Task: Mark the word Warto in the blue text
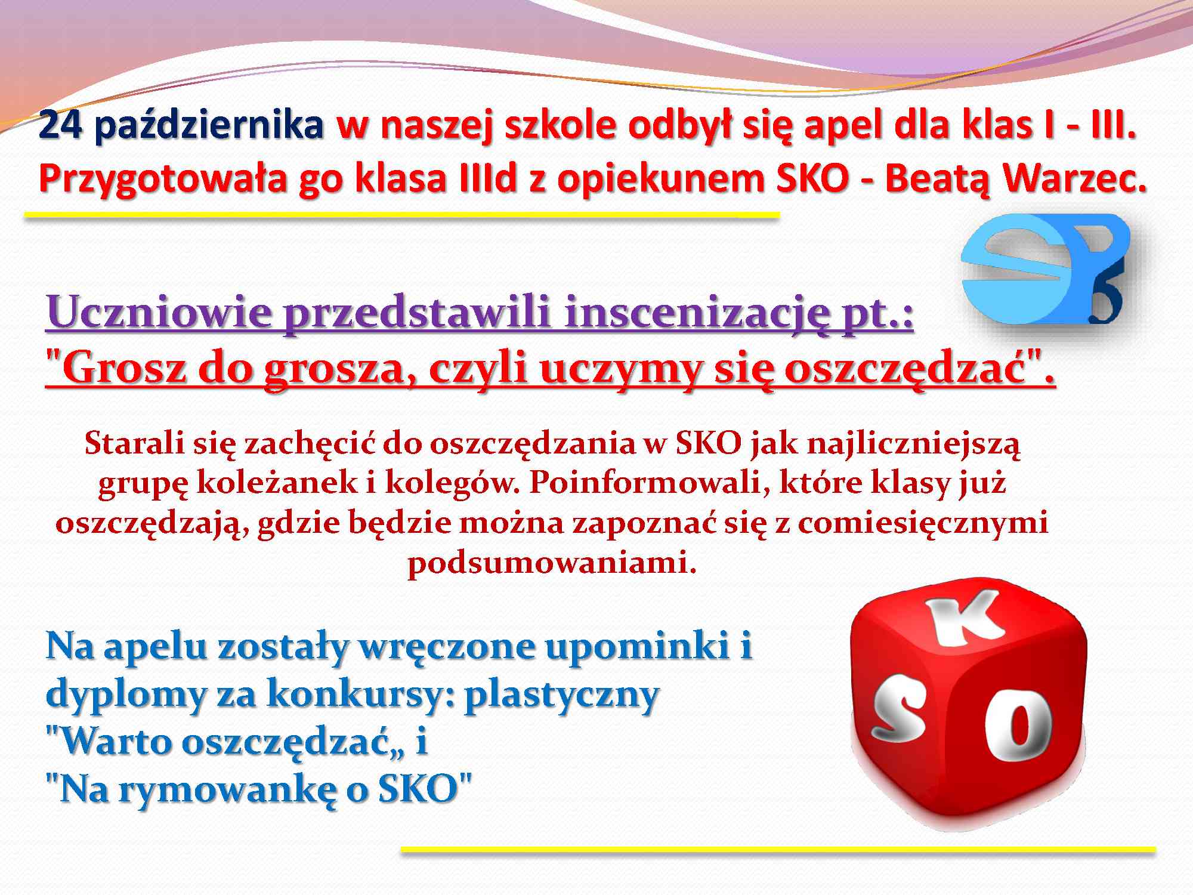[x=108, y=742]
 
